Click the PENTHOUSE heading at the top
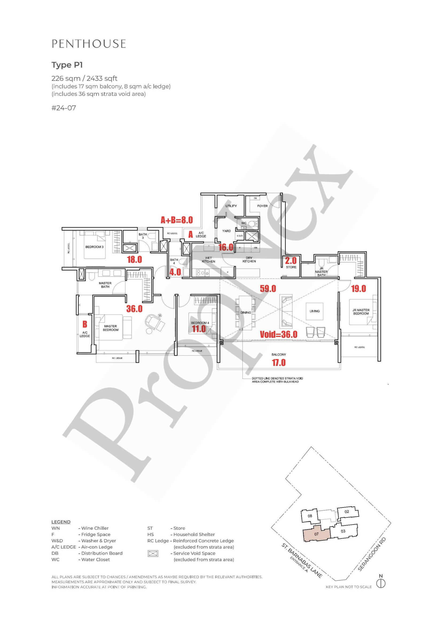[x=89, y=44]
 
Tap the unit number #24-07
[x=64, y=108]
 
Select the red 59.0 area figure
[x=268, y=288]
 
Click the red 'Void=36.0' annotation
[x=279, y=334]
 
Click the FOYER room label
[x=262, y=206]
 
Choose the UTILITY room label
[x=231, y=206]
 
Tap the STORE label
[x=291, y=267]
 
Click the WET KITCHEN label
[x=209, y=260]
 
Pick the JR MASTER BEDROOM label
[x=361, y=312]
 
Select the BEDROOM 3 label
[x=95, y=247]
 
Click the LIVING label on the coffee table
[x=315, y=311]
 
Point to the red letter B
[x=85, y=324]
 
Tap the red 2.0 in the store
[x=291, y=261]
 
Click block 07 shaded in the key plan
[x=316, y=534]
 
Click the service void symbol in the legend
[x=153, y=553]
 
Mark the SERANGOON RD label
[x=372, y=554]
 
